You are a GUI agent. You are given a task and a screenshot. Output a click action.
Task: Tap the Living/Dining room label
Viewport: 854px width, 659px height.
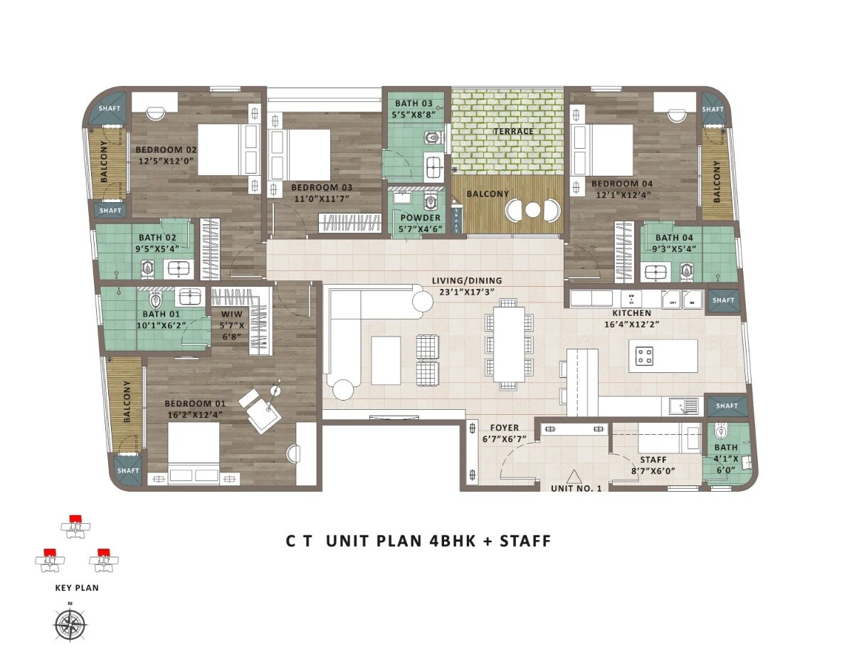(466, 280)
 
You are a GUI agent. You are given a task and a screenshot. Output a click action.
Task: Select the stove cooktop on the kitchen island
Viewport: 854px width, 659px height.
(645, 356)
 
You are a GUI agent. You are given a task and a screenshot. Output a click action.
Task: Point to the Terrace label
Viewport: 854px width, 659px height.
(514, 132)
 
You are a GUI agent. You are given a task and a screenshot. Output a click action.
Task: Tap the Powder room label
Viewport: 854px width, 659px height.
(421, 218)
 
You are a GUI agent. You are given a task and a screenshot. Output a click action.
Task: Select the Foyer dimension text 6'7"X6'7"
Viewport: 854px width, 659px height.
(503, 438)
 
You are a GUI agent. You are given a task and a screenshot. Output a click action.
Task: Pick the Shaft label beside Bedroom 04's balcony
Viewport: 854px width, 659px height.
(712, 110)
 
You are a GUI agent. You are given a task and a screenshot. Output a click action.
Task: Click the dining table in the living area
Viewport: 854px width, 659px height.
(509, 344)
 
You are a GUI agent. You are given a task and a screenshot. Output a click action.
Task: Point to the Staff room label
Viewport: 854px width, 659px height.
(653, 460)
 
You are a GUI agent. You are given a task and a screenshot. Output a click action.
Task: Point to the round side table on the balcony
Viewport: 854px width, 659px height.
(532, 209)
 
